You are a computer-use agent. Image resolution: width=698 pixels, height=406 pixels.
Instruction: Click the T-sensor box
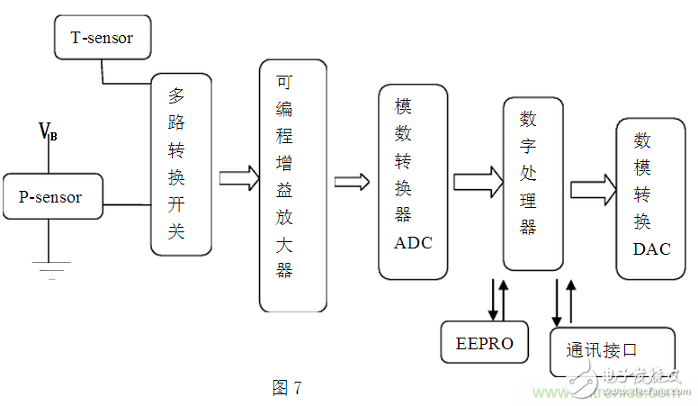coord(101,38)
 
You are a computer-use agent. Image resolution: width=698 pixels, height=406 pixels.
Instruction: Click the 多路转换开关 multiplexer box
coord(181,164)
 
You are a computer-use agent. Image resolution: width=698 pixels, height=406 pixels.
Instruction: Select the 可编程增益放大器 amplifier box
coord(292,185)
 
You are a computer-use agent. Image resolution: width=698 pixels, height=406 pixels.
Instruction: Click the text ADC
coord(413,242)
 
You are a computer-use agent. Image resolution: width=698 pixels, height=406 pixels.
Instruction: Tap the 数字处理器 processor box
coord(532,183)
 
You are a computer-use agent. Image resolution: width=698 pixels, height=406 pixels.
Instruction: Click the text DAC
coord(651,249)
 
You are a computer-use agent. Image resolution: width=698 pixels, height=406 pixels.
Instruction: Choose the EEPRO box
coord(485,342)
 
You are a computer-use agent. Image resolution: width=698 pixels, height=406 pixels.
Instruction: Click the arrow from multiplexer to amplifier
coord(238,177)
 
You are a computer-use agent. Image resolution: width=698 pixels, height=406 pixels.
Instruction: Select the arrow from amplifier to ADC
coord(352,182)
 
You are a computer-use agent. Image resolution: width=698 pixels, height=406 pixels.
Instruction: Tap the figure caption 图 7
coord(287,388)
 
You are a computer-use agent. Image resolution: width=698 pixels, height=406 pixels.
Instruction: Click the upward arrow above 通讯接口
coord(569,302)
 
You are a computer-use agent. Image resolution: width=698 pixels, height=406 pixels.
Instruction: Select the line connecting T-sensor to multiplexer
coord(126,83)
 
